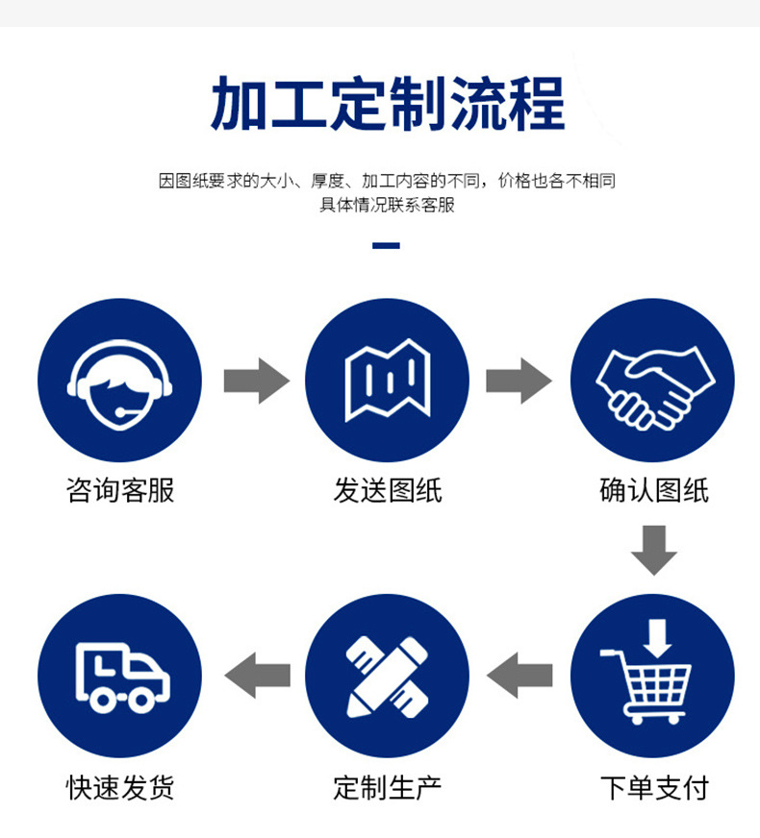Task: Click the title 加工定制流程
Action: (388, 104)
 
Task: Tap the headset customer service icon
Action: (119, 380)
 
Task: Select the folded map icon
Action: (387, 380)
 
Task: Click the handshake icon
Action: (651, 380)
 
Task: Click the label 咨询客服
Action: (120, 490)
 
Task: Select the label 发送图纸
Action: (387, 490)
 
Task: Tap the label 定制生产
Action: (387, 788)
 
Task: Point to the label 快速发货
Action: (120, 788)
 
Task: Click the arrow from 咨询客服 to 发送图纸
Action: (256, 381)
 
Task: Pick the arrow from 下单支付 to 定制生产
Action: (519, 675)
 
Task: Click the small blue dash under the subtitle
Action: (386, 246)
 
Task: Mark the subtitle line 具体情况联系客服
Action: (387, 205)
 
